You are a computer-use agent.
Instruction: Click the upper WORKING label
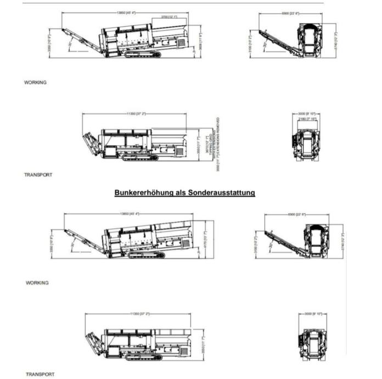tap(35, 82)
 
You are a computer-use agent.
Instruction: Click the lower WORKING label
tap(37, 283)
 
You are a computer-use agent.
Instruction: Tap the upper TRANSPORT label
tap(38, 175)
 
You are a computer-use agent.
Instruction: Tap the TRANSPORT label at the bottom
tap(40, 374)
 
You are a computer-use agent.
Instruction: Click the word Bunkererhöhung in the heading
tap(148, 193)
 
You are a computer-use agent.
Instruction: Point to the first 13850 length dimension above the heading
tap(127, 13)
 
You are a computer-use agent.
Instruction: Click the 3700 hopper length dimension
tap(168, 17)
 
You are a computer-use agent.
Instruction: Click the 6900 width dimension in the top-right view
tap(290, 13)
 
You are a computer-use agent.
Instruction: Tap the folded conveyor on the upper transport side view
tap(91, 142)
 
